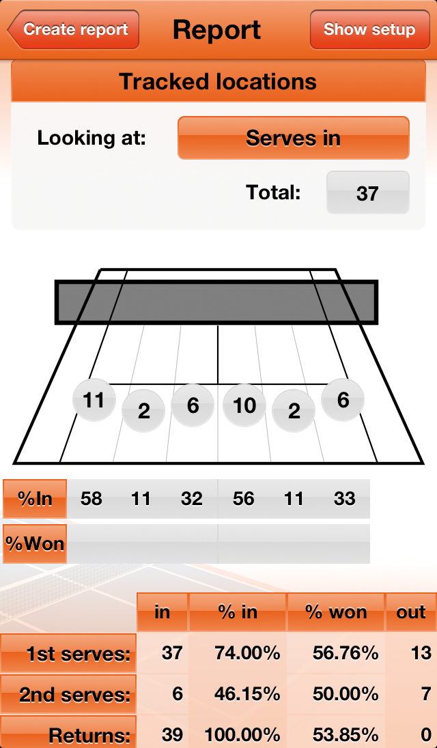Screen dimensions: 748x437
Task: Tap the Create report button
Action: point(74,30)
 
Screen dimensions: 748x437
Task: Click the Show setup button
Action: point(369,30)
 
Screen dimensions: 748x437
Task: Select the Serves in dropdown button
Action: point(293,138)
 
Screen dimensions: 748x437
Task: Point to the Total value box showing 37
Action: point(367,193)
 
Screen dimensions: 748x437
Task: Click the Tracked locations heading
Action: point(218,82)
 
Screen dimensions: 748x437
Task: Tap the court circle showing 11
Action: point(94,400)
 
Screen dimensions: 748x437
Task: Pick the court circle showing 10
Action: point(244,405)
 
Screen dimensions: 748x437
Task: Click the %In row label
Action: point(35,499)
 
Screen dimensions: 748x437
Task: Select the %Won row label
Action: point(35,544)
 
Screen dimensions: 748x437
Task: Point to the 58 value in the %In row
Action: point(91,499)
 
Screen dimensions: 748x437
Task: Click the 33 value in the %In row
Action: point(344,499)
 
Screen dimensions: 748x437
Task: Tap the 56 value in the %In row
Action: point(244,499)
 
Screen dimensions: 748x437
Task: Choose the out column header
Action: point(411,612)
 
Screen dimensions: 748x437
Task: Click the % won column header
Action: point(336,612)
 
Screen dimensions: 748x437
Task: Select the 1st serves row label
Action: point(68,654)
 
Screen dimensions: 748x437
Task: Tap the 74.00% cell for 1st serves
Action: point(238,653)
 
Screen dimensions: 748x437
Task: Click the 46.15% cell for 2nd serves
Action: point(238,694)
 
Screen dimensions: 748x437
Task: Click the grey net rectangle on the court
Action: point(216,302)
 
